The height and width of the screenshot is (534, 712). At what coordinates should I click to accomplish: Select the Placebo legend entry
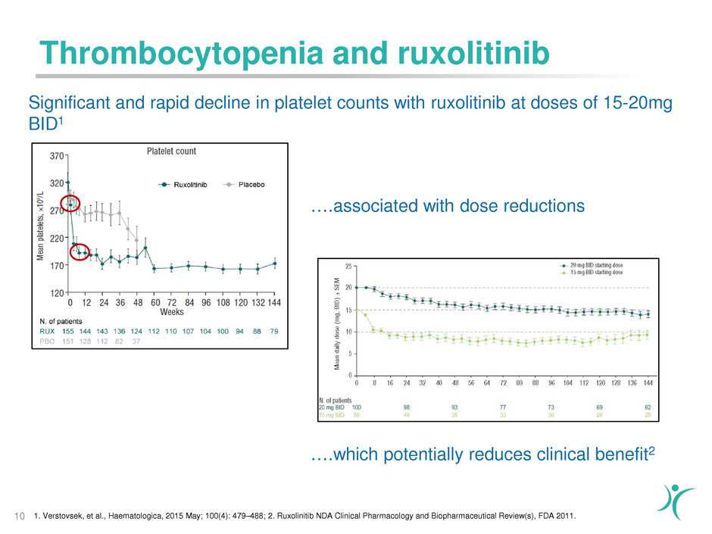pyautogui.click(x=243, y=184)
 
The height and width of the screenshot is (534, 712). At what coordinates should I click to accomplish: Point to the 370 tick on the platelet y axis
pyautogui.click(x=55, y=156)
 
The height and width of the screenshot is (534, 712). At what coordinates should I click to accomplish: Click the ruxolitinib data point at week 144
pyautogui.click(x=275, y=264)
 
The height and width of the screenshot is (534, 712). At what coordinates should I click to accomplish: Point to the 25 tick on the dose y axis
pyautogui.click(x=348, y=266)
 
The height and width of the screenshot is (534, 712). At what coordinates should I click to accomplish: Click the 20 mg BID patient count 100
pyautogui.click(x=357, y=408)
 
